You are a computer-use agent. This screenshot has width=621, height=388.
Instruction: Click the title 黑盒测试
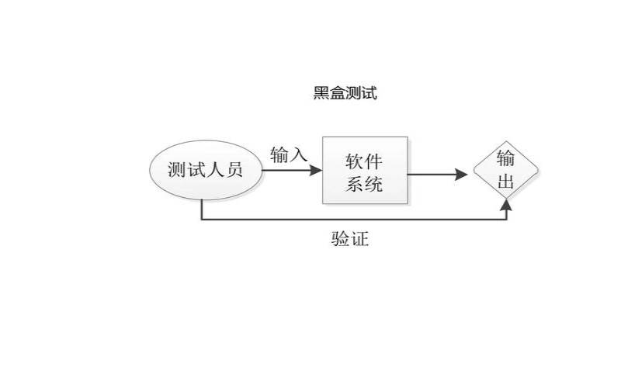tap(345, 94)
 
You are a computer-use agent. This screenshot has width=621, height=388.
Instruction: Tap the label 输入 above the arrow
tap(289, 154)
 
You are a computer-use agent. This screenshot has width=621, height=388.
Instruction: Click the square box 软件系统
tap(365, 171)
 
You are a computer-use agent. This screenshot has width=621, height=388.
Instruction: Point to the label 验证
tap(349, 240)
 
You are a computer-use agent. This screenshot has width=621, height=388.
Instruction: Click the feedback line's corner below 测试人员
tap(202, 220)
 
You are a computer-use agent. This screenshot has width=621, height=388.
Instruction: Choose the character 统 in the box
tap(374, 185)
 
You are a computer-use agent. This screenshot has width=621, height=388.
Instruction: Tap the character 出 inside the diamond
tap(505, 184)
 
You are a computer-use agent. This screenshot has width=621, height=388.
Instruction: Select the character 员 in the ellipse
tap(234, 170)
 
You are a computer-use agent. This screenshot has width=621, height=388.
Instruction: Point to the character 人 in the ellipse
tap(215, 170)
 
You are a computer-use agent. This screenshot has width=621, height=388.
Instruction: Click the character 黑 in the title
tap(321, 94)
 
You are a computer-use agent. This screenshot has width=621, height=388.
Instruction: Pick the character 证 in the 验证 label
tap(359, 240)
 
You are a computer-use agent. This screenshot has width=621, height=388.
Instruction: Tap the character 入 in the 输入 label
tap(299, 154)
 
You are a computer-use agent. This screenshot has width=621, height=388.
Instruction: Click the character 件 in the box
tap(374, 160)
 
